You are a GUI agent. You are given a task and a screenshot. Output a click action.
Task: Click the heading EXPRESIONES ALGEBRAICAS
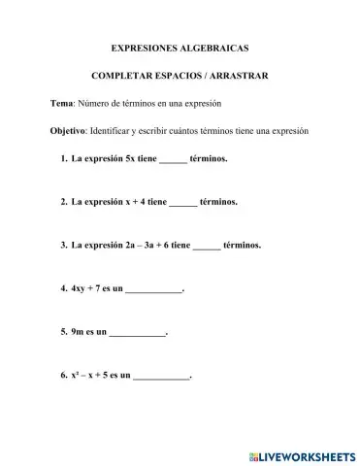[180, 46]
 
